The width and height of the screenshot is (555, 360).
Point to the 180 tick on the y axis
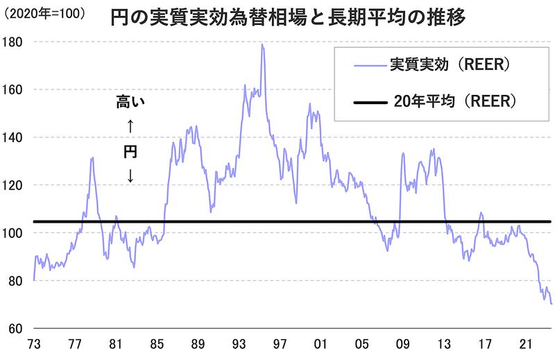(15, 42)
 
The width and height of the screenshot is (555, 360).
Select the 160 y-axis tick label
(15, 89)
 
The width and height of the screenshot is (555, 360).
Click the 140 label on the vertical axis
(15, 137)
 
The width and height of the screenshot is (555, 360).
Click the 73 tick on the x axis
(33, 345)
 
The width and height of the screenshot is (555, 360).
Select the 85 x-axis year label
(157, 345)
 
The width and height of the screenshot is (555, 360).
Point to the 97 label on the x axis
(280, 345)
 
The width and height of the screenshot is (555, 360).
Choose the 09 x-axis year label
(403, 345)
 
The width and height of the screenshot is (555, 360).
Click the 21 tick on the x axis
(527, 345)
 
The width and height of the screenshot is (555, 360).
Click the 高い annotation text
(130, 104)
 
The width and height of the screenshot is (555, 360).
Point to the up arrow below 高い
(130, 128)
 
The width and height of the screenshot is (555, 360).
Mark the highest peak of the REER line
(262, 44)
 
